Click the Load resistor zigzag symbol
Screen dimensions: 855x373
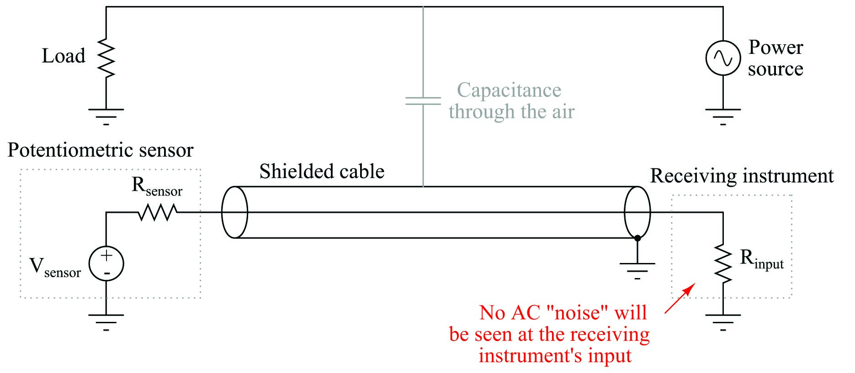point(106,58)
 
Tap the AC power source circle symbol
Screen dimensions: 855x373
point(723,58)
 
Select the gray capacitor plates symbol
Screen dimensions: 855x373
point(423,101)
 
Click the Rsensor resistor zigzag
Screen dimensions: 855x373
point(158,212)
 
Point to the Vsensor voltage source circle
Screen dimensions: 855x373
point(106,264)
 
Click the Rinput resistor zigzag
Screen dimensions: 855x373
point(723,264)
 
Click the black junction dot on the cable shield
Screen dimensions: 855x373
point(637,238)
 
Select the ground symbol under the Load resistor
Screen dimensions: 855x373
point(106,116)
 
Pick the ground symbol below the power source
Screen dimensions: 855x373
point(723,116)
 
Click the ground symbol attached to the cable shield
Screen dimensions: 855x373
point(637,271)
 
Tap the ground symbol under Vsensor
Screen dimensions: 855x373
point(106,322)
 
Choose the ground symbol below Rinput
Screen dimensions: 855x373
point(723,322)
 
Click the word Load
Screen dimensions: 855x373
point(64,56)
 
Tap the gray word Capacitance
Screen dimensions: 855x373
point(509,90)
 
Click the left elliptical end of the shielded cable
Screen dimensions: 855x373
point(234,212)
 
